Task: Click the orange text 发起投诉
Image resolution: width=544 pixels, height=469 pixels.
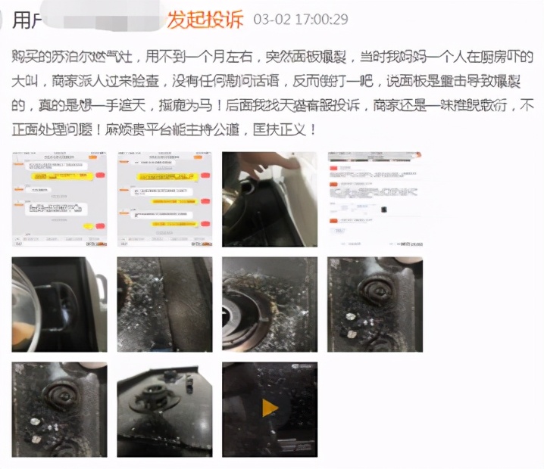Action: pos(205,19)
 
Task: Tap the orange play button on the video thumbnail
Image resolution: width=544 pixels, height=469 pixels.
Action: pos(270,408)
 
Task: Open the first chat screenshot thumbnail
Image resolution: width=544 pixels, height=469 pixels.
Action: pos(58,199)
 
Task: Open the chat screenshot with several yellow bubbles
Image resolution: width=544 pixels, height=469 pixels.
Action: pos(164,199)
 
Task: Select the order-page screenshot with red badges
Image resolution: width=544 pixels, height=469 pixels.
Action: pos(374,199)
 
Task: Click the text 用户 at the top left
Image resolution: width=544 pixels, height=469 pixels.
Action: pos(27,20)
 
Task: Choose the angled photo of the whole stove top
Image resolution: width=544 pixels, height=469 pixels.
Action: pos(164,409)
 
